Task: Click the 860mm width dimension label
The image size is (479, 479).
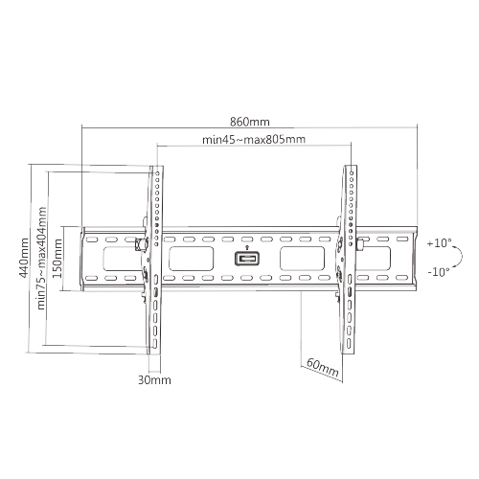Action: coord(250,123)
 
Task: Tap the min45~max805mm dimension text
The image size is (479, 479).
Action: coord(254,140)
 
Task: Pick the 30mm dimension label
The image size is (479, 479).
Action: coord(154,379)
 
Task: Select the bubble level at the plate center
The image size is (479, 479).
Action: coord(247,259)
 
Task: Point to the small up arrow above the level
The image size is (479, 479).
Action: coord(247,247)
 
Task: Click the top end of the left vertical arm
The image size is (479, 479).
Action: coord(156,170)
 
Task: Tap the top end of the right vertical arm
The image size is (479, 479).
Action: coord(351,170)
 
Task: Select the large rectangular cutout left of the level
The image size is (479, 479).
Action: coord(194,258)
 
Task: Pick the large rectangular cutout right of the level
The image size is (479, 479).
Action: coord(301,258)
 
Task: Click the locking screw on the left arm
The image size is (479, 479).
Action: coord(145,243)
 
